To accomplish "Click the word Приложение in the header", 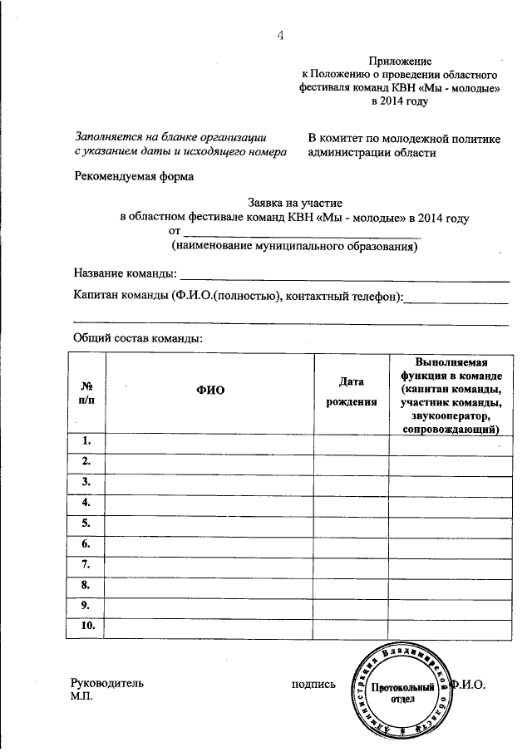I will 401,61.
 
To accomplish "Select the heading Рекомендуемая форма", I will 133,176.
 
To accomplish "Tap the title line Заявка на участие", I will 295,202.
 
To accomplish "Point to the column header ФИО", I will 210,391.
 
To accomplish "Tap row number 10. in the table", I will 87,627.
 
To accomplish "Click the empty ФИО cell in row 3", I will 210,482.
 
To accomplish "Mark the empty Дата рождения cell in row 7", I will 352,565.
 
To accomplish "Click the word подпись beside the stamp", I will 313,685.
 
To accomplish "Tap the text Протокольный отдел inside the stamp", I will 403,694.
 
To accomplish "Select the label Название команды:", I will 125,273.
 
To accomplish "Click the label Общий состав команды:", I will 138,338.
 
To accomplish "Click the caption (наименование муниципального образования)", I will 294,247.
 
